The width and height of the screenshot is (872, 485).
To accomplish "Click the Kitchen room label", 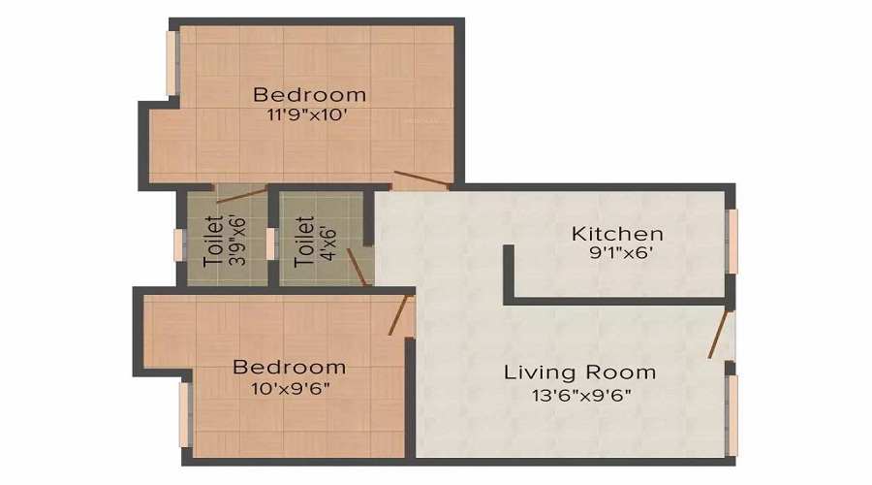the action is point(617,234).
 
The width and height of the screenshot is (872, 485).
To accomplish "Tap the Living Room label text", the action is point(579,372).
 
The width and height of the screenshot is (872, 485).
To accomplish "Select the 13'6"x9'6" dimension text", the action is point(581,396).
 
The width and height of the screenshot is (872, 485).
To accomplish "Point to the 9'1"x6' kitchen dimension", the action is point(621,253).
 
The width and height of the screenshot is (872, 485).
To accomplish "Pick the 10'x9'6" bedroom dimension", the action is point(291,388).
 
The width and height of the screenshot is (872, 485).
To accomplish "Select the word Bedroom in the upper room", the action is point(310,95).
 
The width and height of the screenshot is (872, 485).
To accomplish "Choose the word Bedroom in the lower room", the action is point(289,367).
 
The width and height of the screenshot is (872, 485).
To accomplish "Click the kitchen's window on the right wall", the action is point(732,242).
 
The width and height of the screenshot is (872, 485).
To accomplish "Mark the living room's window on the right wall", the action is point(732,415).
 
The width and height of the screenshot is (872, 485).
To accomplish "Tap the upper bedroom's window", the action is point(172,63).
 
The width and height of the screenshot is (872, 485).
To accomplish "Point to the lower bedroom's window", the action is point(185,414).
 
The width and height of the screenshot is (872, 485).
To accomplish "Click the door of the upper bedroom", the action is point(421,178).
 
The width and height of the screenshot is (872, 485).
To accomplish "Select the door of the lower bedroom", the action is point(399,314).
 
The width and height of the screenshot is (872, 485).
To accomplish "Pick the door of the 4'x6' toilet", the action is point(358,268).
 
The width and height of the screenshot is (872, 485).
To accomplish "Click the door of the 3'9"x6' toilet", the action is point(241,195).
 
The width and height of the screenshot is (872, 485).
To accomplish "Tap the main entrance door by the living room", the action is point(718,334).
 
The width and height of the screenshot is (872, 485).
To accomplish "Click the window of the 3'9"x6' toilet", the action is point(179,244).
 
